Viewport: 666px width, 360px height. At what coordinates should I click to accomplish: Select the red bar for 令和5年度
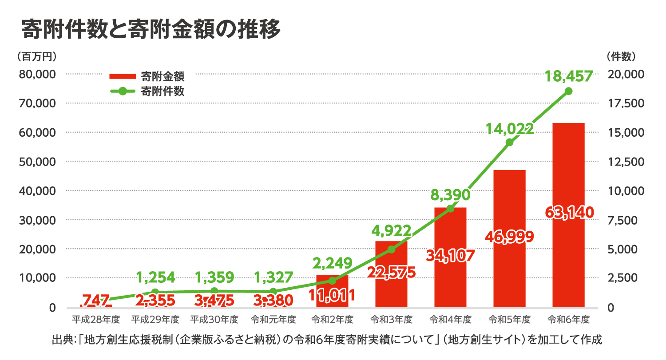pos(509,200)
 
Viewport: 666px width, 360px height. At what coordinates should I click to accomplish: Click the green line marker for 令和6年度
pos(568,91)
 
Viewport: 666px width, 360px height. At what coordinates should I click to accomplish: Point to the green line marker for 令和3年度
pos(391,249)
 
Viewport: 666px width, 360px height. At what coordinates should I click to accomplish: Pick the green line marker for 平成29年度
pos(155,292)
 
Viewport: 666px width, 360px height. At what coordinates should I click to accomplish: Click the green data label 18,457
pos(568,76)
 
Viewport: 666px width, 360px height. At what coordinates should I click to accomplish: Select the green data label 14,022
pos(509,129)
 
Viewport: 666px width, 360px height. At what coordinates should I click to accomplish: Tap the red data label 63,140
pos(568,213)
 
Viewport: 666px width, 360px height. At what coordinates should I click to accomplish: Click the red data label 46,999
pos(509,237)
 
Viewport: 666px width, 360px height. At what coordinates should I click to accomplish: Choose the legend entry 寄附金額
pos(147,76)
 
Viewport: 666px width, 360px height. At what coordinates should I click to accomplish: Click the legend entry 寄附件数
pos(147,91)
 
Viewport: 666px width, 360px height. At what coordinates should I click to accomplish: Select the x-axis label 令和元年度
pos(273,319)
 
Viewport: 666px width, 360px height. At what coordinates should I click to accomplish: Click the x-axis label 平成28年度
pos(96,319)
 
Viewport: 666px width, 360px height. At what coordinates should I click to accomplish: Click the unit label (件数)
pos(621,56)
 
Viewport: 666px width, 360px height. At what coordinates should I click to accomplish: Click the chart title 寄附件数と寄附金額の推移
pos(151,29)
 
